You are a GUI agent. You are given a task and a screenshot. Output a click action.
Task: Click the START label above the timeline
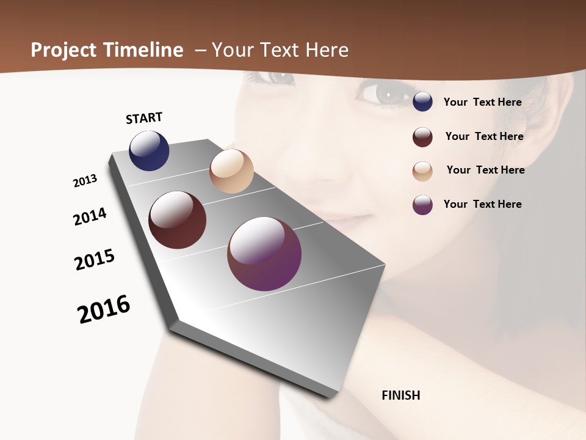click(x=144, y=118)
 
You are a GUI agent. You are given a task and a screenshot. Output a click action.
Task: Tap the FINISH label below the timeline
click(x=401, y=395)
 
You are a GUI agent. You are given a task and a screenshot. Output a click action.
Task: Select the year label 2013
click(x=85, y=181)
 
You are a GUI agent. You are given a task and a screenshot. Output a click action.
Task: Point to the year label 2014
click(x=90, y=216)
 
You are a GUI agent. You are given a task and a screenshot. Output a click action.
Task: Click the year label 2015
click(x=95, y=260)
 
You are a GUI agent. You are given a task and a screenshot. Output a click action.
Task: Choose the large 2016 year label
click(x=104, y=309)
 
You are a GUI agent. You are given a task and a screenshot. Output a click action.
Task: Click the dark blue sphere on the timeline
click(x=149, y=151)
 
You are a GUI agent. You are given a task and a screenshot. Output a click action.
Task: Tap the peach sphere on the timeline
click(x=231, y=171)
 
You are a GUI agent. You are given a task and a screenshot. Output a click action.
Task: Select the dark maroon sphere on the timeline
click(x=177, y=220)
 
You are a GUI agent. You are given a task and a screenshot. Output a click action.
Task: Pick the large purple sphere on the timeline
click(x=264, y=254)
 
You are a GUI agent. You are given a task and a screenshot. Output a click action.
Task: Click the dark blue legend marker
click(x=422, y=101)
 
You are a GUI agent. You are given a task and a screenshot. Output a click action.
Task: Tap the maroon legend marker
click(x=422, y=137)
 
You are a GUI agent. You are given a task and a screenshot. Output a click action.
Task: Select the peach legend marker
click(x=422, y=171)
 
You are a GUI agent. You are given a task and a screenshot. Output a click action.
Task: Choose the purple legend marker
click(x=422, y=205)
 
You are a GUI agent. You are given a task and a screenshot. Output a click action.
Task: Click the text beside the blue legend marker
click(x=482, y=102)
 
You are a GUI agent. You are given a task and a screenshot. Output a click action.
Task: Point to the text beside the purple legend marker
click(x=482, y=204)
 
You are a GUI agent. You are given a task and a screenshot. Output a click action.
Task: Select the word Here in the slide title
click(x=327, y=50)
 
